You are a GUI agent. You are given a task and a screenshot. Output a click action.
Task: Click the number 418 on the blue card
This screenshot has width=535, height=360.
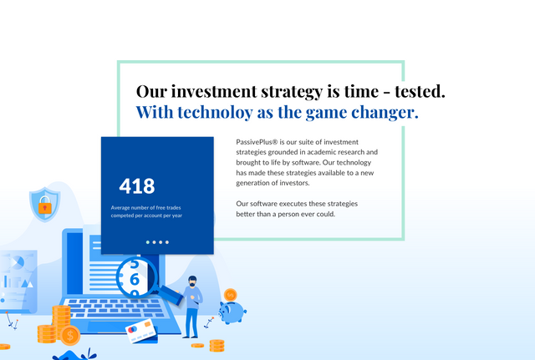point(137,186)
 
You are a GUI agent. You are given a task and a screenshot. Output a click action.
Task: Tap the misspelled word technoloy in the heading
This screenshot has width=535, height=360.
point(215,112)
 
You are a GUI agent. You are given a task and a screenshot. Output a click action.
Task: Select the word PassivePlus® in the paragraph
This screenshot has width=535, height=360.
point(257,142)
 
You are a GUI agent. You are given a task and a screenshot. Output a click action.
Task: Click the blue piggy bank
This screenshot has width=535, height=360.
point(232,312)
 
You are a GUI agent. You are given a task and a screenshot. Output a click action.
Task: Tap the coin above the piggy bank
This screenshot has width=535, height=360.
point(231,295)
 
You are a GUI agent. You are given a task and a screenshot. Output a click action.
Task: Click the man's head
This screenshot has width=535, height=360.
point(192,281)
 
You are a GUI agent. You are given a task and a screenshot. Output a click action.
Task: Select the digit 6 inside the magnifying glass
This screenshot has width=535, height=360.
point(135,280)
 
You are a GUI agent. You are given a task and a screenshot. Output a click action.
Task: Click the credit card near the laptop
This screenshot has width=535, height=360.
point(141,331)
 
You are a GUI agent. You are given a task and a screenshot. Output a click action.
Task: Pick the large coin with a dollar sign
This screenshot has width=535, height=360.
point(70,336)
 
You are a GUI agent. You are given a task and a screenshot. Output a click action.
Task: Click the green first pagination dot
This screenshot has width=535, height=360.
point(148,242)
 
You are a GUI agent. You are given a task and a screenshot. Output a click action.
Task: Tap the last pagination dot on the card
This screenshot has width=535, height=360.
point(167,242)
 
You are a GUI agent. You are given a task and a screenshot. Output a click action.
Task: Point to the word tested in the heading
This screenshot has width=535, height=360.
point(420,91)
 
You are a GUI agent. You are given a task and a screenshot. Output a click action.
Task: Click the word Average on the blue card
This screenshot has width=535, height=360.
point(120,208)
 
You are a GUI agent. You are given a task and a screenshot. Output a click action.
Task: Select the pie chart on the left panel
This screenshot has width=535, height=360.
point(17,262)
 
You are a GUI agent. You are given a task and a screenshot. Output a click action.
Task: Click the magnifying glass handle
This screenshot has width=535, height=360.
point(171,295)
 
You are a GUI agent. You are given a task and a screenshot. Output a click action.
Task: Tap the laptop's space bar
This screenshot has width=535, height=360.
point(113,315)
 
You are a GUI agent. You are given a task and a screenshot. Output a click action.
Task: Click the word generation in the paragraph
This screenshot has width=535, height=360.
point(252,183)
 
